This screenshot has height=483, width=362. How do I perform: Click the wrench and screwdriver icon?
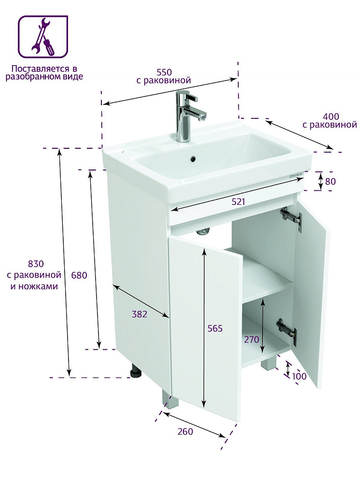(x=43, y=37)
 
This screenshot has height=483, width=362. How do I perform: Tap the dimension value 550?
(x=164, y=72)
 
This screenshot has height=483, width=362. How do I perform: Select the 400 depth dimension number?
(x=331, y=117)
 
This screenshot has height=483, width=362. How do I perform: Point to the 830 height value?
(x=36, y=264)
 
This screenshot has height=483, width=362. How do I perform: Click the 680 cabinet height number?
(x=79, y=275)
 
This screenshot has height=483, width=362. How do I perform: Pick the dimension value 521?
(x=238, y=202)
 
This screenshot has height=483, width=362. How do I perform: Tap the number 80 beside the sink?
(x=330, y=182)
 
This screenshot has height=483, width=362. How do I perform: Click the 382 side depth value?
(x=139, y=314)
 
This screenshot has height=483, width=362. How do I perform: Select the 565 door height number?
(x=215, y=328)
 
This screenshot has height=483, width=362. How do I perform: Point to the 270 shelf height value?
(x=251, y=340)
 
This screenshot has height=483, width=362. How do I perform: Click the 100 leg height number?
(x=299, y=376)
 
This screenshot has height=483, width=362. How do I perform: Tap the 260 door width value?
(x=185, y=431)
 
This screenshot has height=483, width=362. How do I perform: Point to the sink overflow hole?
(x=193, y=159)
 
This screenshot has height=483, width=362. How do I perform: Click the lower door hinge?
(x=287, y=330)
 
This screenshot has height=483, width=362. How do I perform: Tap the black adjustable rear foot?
(x=135, y=370)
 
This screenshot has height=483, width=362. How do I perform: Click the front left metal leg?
(x=169, y=399)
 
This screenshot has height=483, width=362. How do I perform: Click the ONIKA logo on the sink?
(x=296, y=176)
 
